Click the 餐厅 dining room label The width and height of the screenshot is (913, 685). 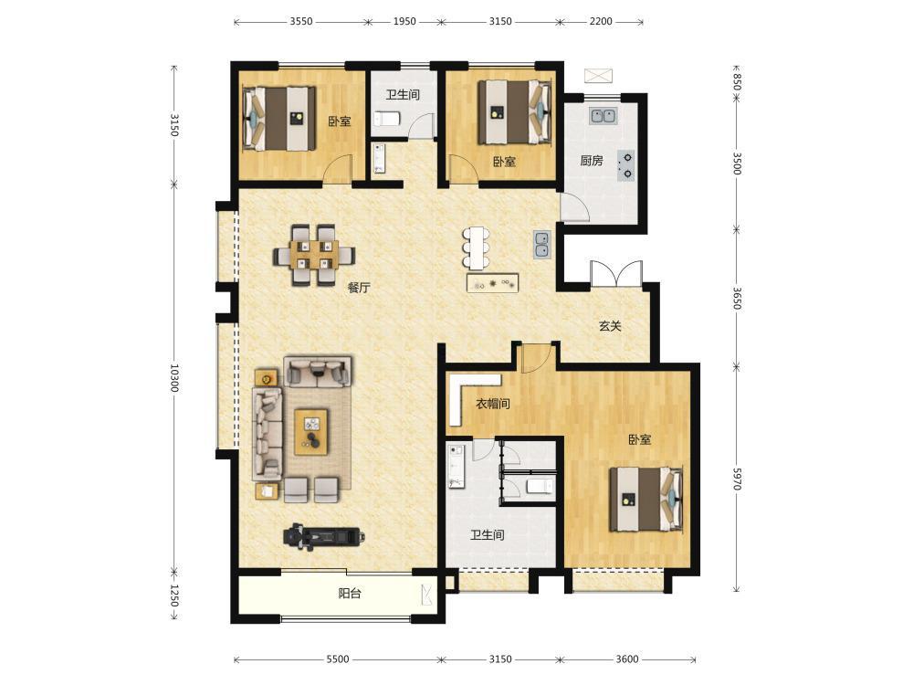tap(359, 287)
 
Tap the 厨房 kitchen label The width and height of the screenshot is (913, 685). tap(592, 160)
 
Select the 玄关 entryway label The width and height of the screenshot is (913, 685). tap(610, 326)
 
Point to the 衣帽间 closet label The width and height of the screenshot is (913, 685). tap(493, 403)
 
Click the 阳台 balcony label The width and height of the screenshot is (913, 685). tap(350, 593)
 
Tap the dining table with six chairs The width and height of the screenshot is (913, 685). tap(314, 255)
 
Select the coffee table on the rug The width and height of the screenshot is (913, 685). tap(311, 432)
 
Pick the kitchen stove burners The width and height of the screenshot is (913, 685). tap(626, 164)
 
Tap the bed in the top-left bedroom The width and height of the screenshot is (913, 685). tap(280, 118)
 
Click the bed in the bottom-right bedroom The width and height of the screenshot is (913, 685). tap(646, 500)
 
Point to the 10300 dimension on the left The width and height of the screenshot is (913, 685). tap(174, 377)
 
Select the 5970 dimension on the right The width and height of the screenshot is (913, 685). tap(737, 479)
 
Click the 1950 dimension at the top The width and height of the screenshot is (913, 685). tap(404, 22)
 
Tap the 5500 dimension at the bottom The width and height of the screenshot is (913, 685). tap(338, 659)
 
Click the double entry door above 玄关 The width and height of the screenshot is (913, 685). tap(616, 273)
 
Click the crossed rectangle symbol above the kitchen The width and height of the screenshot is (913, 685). tap(599, 75)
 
